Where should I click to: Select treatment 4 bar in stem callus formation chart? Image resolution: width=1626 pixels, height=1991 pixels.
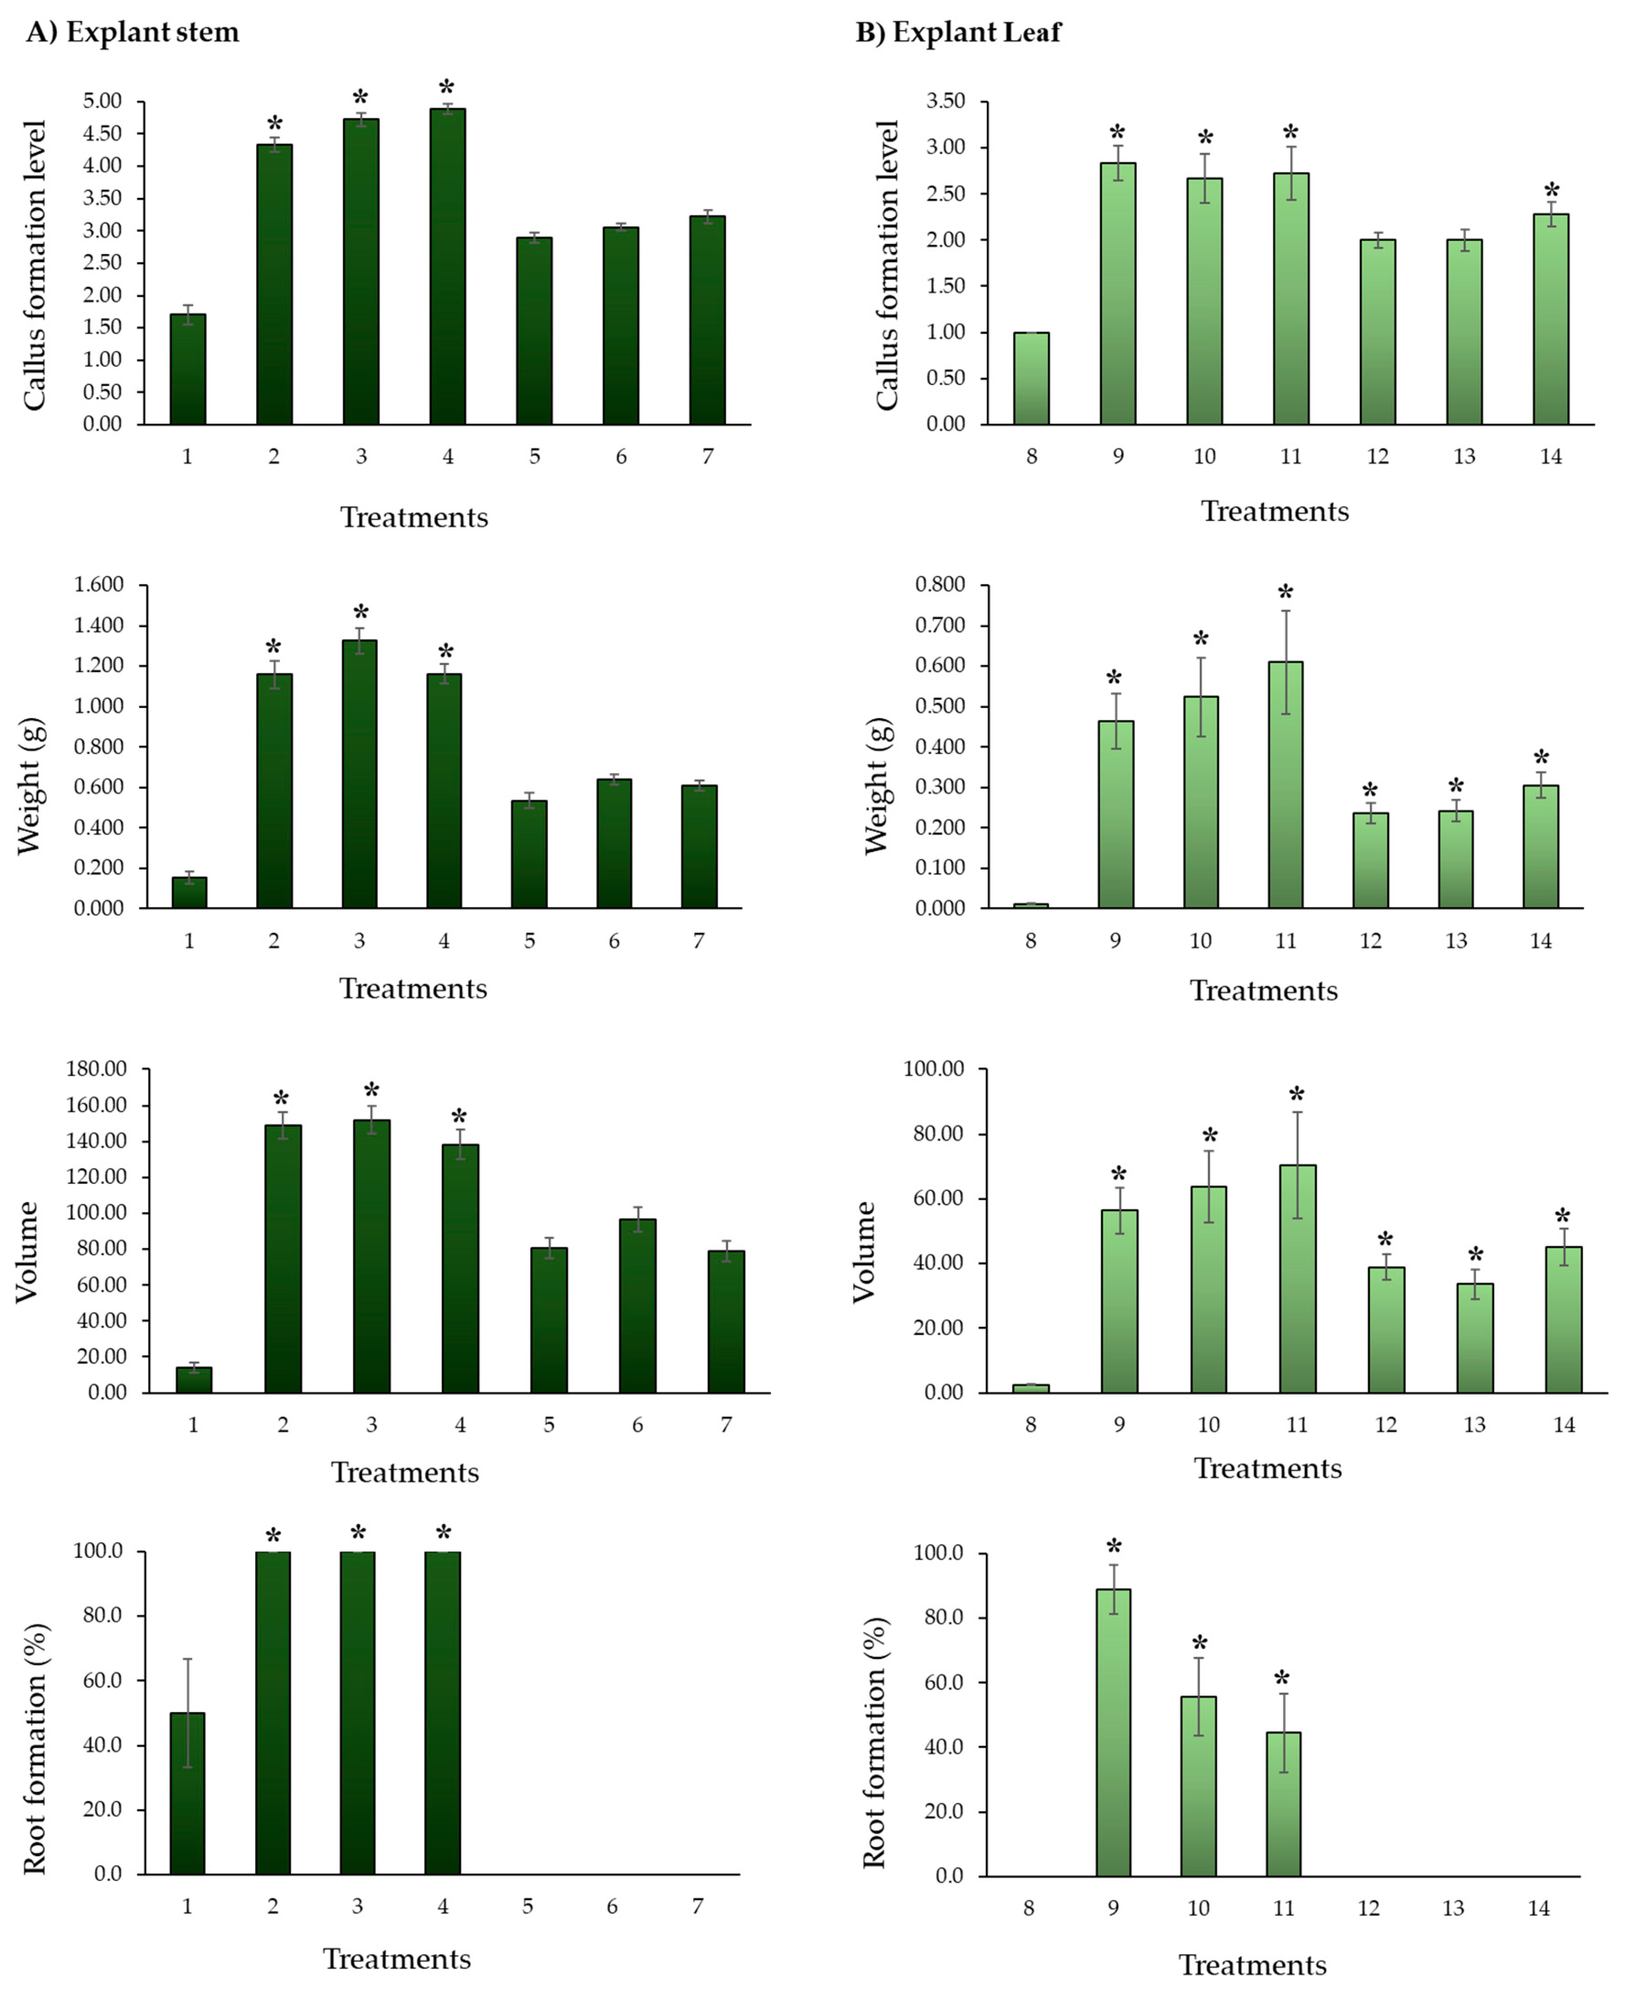point(448,267)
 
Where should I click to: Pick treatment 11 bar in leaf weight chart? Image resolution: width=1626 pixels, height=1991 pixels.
point(1285,785)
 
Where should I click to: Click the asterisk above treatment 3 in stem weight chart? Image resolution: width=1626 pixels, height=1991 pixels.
point(361,614)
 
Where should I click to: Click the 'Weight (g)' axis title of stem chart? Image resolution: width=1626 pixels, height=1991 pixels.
point(30,785)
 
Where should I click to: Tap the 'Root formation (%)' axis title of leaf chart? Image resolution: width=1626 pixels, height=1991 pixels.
point(873,1743)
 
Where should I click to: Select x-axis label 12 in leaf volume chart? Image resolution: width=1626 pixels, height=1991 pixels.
point(1385,1425)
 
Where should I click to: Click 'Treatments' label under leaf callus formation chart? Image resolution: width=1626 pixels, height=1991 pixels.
point(1275,511)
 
